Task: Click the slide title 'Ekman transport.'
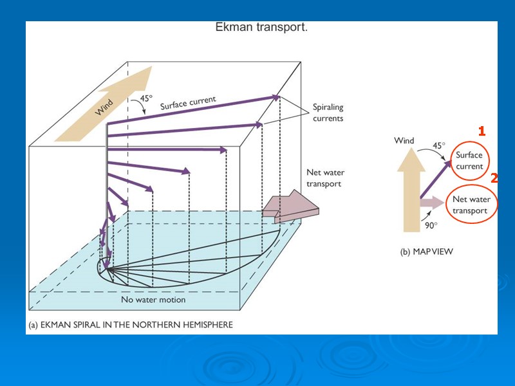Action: pos(261,28)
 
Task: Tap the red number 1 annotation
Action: pos(482,131)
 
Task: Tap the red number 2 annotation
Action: pos(494,178)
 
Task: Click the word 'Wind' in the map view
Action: pos(404,141)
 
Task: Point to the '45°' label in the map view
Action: pos(438,145)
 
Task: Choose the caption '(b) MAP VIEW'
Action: pos(426,252)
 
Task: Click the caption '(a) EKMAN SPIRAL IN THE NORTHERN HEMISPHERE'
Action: pos(130,325)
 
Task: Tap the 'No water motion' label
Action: pos(153,300)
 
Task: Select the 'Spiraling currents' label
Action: pos(328,113)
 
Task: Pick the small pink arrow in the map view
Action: pos(432,202)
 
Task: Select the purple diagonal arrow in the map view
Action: pos(435,179)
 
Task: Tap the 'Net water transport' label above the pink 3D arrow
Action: pos(324,178)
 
